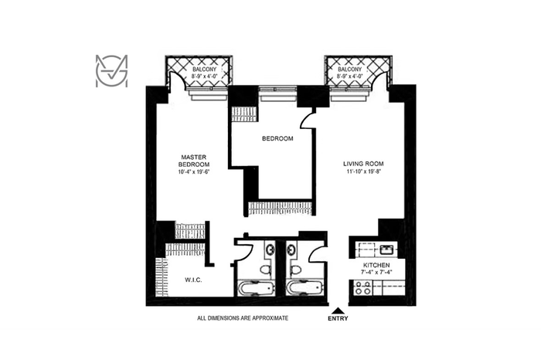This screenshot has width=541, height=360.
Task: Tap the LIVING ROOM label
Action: (363, 164)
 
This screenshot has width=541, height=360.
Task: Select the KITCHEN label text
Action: (376, 265)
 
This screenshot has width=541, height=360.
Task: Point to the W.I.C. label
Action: (193, 280)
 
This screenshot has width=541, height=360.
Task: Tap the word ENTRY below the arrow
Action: (338, 318)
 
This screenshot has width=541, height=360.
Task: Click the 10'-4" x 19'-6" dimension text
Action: (193, 172)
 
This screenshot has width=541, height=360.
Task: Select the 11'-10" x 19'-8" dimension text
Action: (363, 172)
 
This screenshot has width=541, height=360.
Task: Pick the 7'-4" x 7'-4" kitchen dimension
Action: (377, 272)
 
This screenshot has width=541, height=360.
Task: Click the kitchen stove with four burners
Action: (362, 288)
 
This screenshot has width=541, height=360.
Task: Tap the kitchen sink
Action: (386, 250)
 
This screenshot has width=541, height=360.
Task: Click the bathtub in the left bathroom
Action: (255, 288)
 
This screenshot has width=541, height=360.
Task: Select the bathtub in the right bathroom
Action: (305, 288)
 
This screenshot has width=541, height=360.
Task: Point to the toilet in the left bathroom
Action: (265, 269)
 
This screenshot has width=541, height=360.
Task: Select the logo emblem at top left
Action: (111, 71)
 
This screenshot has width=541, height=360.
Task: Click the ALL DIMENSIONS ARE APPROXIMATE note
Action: (243, 318)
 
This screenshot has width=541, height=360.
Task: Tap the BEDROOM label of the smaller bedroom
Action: (277, 138)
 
